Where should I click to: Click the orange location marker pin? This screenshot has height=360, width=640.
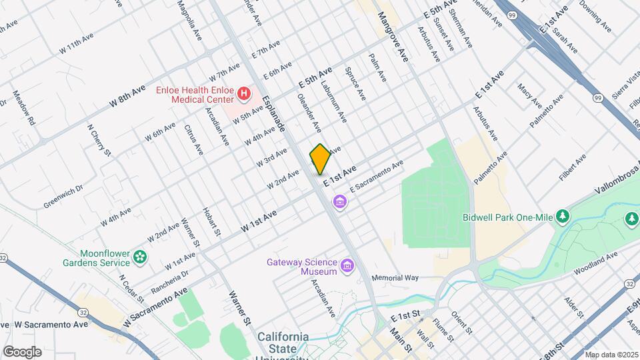pyautogui.click(x=321, y=159)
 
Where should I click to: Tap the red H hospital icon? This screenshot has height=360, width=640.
pyautogui.click(x=244, y=94)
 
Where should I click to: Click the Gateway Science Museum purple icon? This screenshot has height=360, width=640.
pyautogui.click(x=347, y=267)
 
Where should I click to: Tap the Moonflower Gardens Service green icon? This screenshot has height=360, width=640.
pyautogui.click(x=139, y=257)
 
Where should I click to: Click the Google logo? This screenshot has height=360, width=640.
pyautogui.click(x=22, y=352)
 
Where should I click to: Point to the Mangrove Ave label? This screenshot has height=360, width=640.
pyautogui.click(x=395, y=37)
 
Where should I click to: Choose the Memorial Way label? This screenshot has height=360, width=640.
pyautogui.click(x=395, y=277)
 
